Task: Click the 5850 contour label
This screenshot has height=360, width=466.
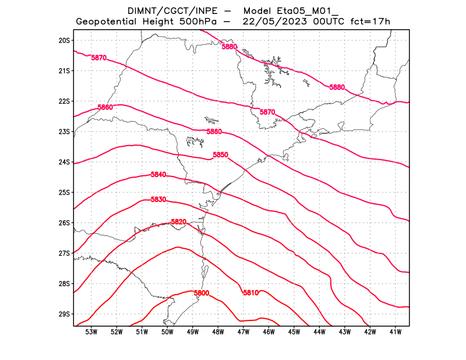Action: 220,154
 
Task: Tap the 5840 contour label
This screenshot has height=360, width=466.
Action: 158,175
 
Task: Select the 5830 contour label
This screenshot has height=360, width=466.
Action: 158,200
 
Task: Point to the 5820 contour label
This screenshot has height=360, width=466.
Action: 178,222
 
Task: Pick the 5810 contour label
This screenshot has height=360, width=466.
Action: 250,292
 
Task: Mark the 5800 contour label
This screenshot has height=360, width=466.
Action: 202,292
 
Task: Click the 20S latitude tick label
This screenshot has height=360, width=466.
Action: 64,40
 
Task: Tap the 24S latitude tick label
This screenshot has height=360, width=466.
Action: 64,162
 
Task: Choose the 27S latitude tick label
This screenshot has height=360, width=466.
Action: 64,253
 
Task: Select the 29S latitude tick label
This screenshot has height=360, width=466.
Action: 64,314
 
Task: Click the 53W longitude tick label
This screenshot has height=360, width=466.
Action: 91,332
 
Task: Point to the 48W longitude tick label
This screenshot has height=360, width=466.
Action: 218,332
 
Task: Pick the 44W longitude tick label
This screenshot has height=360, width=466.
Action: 319,332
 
